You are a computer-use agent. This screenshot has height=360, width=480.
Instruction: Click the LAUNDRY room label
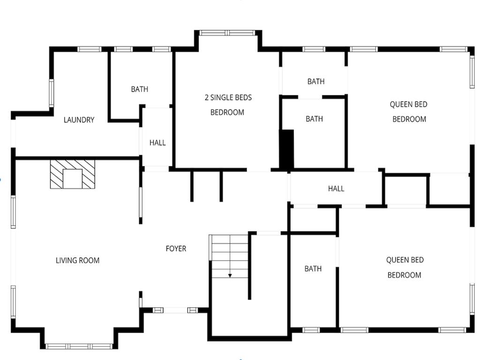tap(79, 120)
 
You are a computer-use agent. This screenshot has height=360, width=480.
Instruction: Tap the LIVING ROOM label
tap(77, 261)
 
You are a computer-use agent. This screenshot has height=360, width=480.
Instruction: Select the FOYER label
tap(176, 248)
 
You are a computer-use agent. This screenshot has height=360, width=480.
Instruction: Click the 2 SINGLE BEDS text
tap(228, 97)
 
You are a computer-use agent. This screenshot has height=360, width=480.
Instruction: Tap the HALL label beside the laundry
tap(157, 142)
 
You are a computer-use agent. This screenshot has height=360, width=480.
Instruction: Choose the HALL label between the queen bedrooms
tap(336, 188)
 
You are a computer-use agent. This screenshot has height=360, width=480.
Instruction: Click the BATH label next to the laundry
tap(140, 89)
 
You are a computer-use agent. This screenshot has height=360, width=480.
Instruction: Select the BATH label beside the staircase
tap(313, 269)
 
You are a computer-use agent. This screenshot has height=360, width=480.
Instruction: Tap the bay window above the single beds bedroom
tap(227, 33)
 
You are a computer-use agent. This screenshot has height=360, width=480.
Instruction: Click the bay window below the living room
tap(79, 346)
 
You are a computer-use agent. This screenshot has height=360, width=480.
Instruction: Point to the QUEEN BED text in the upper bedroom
tap(408, 105)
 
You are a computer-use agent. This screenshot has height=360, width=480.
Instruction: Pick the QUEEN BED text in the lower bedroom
tap(405, 260)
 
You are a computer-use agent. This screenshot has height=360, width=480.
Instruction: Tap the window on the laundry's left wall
tap(52, 93)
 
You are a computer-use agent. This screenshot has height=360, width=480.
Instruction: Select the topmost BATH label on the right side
tap(316, 82)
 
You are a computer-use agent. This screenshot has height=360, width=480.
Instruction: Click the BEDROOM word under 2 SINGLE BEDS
tap(227, 112)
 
